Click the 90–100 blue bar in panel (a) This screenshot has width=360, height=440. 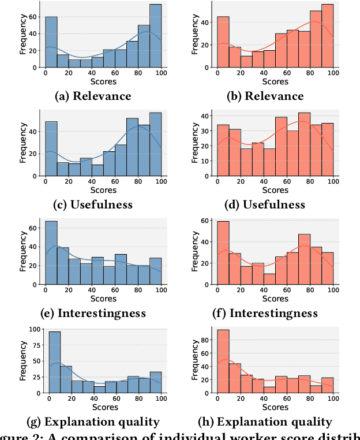click(155, 36)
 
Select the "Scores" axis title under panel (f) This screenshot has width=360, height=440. click(276, 299)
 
